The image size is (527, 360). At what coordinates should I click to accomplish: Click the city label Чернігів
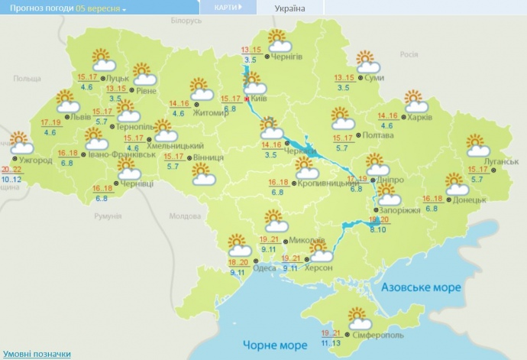[288, 57]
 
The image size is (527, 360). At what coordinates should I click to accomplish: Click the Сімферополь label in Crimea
[377, 336]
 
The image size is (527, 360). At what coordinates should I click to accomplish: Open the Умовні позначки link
[36, 354]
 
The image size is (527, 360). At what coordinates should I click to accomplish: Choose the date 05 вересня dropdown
[102, 8]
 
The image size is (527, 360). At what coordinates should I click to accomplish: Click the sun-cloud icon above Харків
[413, 100]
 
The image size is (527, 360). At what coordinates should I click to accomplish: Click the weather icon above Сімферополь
[359, 317]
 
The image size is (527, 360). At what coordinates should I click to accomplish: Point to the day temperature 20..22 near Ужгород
[11, 170]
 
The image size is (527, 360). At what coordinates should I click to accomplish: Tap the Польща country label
[27, 79]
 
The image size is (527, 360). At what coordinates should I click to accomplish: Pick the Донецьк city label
[468, 199]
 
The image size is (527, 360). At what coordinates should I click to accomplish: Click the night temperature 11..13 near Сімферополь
[331, 344]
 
